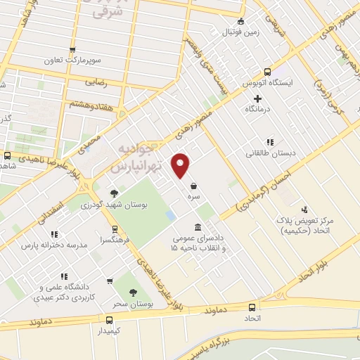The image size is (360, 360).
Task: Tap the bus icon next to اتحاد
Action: coord(252,307)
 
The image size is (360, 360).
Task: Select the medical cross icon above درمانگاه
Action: coord(258,98)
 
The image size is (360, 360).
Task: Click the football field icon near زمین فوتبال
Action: coord(240,21)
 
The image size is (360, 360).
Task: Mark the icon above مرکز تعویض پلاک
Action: coord(304,210)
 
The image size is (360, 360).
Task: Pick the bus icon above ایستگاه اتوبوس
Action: coord(266,72)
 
